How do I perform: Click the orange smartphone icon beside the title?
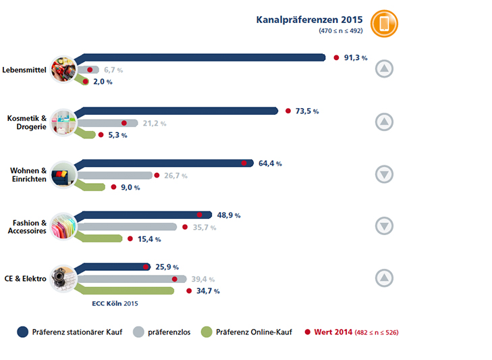click(385, 24)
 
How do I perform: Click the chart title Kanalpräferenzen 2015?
click(309, 20)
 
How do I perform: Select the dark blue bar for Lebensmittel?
click(202, 57)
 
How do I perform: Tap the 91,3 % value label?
click(356, 58)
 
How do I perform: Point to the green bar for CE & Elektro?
click(128, 290)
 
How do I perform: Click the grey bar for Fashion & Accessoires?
click(128, 227)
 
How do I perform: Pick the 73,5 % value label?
click(307, 111)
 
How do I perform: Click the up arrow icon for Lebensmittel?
click(384, 69)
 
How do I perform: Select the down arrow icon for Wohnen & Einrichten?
click(384, 174)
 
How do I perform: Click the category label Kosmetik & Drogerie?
click(27, 122)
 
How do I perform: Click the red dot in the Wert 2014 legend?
click(307, 332)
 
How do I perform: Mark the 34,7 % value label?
click(207, 290)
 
